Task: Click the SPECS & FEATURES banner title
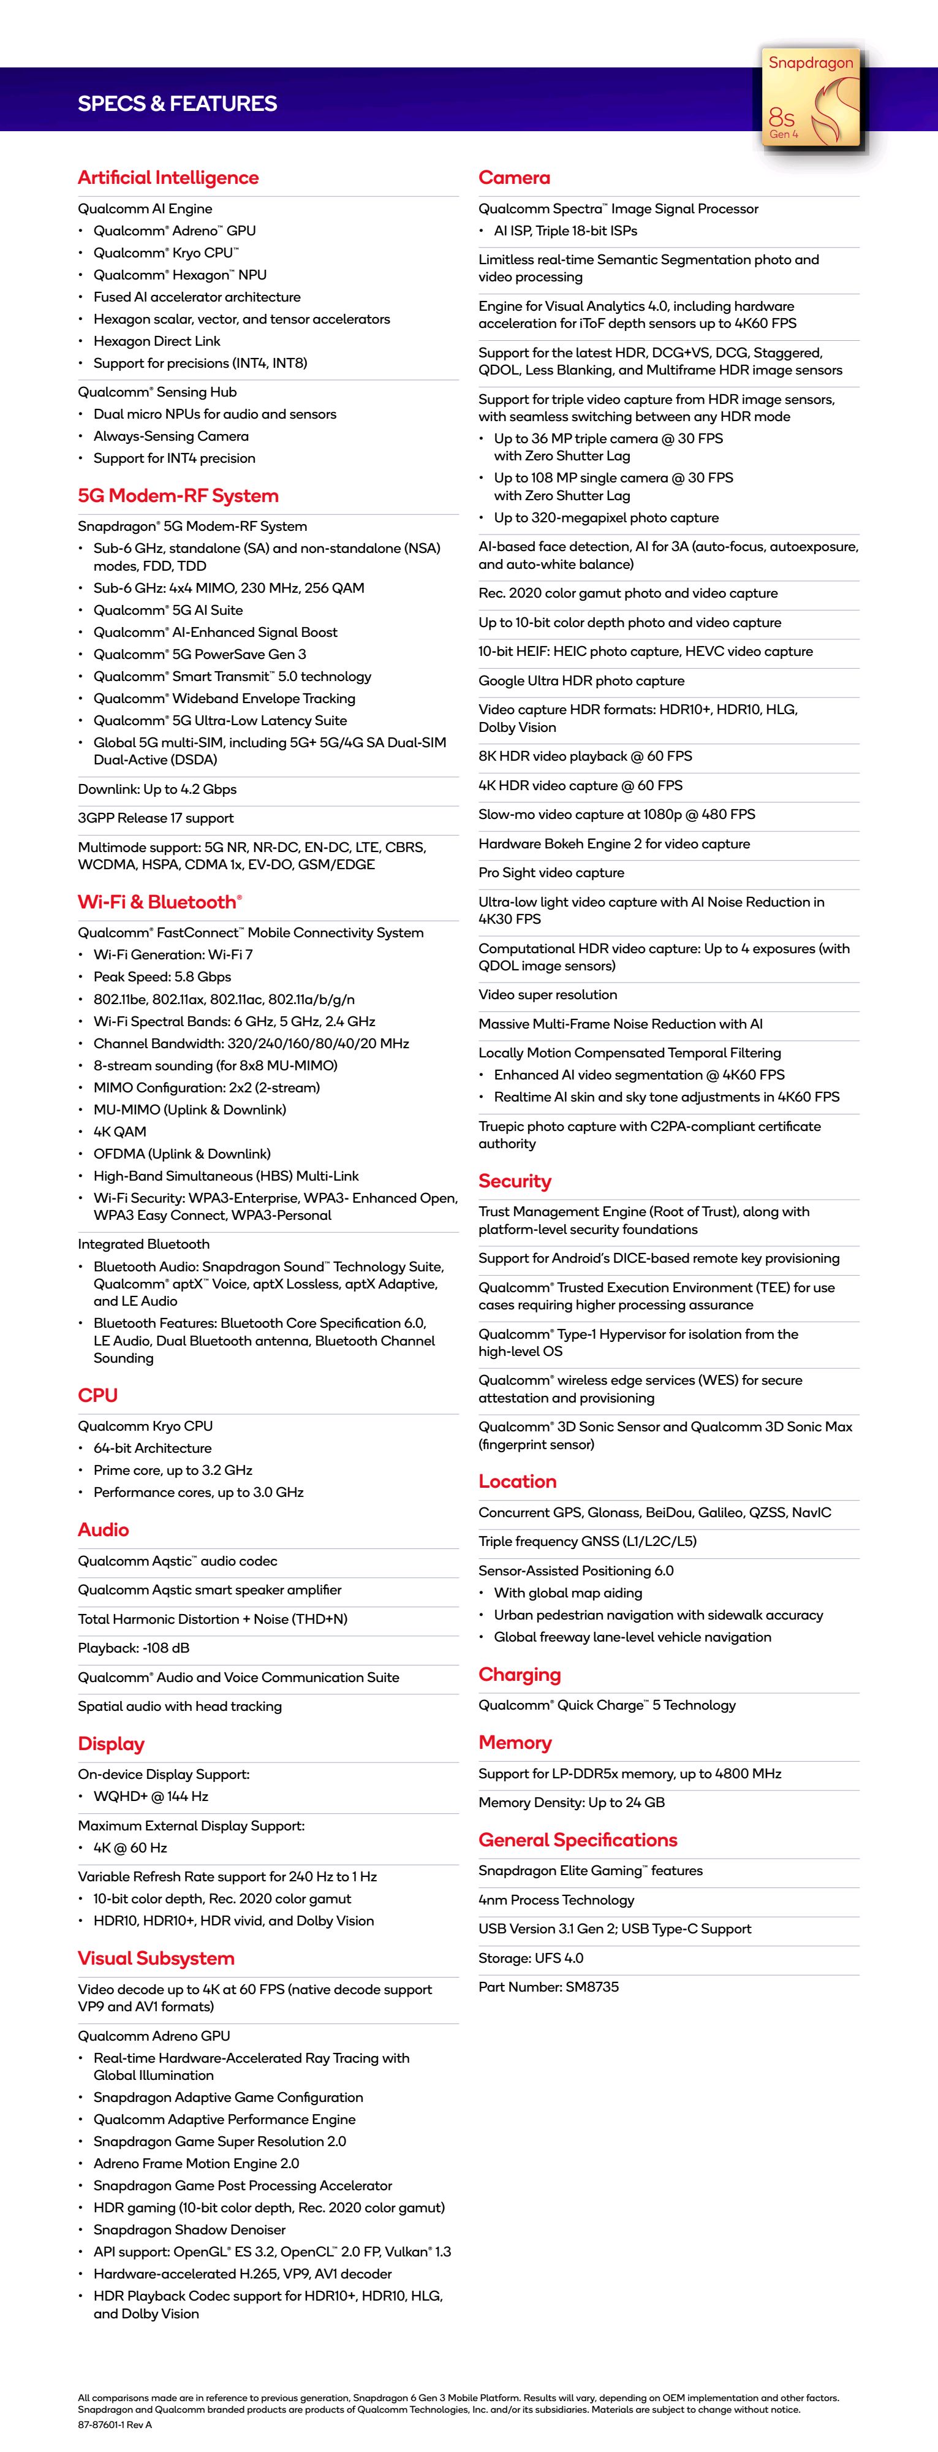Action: click(177, 104)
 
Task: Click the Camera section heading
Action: click(513, 177)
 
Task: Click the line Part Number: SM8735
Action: click(548, 1987)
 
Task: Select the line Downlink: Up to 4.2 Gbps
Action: click(157, 789)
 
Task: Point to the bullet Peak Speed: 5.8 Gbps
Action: click(162, 977)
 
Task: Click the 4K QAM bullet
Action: click(120, 1132)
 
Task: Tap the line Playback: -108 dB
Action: click(133, 1648)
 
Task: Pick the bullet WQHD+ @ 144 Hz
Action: click(150, 1796)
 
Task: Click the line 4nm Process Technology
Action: click(556, 1900)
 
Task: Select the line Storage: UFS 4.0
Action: click(531, 1958)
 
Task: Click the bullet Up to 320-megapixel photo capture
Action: click(606, 518)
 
